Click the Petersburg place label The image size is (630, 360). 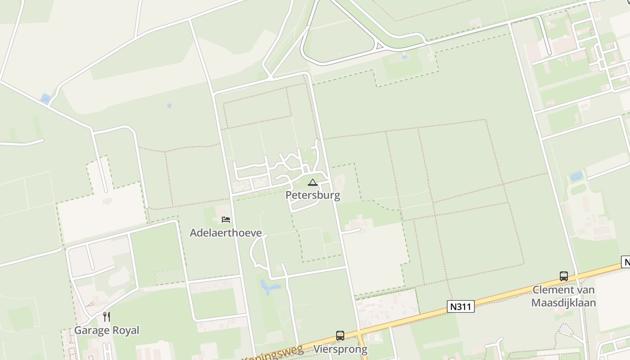[313, 195]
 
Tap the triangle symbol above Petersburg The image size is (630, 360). [313, 183]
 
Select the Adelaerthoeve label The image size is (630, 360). [225, 233]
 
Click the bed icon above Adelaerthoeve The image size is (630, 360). [226, 220]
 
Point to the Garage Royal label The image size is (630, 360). [107, 330]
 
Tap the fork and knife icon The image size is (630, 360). [106, 317]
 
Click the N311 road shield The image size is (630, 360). [461, 307]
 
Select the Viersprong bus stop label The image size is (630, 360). [340, 349]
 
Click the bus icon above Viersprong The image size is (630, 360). [340, 336]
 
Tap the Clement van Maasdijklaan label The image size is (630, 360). [563, 296]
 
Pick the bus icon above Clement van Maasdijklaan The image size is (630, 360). [563, 276]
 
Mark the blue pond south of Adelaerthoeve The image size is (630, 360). [269, 287]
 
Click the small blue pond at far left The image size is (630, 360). [45, 99]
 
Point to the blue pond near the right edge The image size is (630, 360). [577, 176]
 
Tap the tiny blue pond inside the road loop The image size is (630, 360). [405, 57]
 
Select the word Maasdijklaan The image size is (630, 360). [563, 302]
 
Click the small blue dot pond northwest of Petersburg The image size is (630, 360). [169, 106]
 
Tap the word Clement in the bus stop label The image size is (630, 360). [552, 290]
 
